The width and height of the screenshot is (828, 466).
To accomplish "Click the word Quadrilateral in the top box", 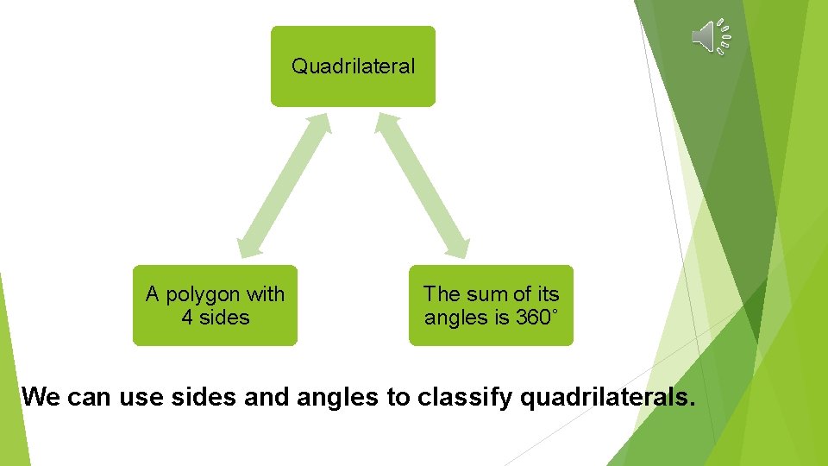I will (x=353, y=66).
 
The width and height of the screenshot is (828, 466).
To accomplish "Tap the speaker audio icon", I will (x=711, y=36).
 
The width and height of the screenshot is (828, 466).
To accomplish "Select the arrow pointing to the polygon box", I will (x=285, y=185).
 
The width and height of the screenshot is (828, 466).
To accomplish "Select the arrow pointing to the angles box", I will (x=423, y=185).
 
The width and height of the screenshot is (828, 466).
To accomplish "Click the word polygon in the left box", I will (x=204, y=295).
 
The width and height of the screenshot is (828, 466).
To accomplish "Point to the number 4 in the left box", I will (x=187, y=318).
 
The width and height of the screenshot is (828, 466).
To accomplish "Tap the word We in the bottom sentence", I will (x=41, y=397).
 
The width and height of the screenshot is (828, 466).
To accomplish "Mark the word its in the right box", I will (x=548, y=294).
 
